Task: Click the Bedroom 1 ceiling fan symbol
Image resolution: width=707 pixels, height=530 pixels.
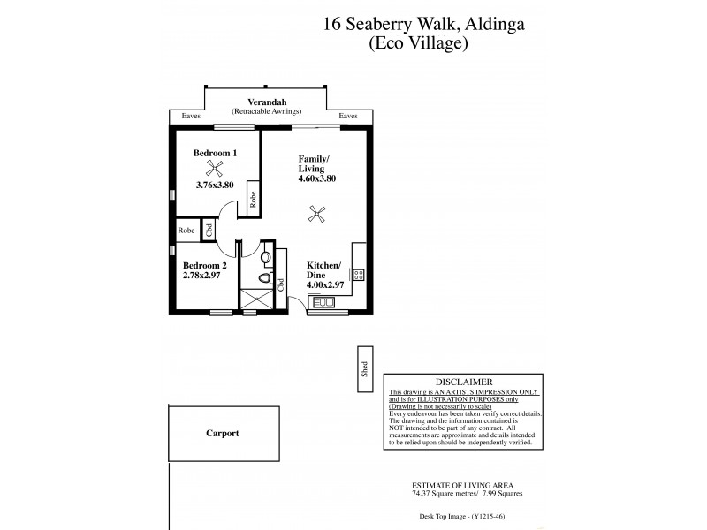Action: (x=213, y=169)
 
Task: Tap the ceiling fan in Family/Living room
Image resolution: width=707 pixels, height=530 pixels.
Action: (x=315, y=212)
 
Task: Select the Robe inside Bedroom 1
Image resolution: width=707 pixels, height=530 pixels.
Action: (x=253, y=198)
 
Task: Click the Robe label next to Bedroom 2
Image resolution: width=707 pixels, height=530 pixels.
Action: (x=186, y=230)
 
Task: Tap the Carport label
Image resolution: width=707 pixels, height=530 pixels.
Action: (x=222, y=434)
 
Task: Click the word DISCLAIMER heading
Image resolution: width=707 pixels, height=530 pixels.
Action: (x=463, y=381)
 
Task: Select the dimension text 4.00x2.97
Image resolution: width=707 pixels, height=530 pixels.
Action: (x=325, y=284)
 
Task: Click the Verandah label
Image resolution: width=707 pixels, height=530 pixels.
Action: (x=266, y=103)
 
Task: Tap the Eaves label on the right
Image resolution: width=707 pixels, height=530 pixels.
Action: (x=348, y=116)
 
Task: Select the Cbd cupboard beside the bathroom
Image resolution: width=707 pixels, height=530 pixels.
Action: (x=280, y=284)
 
